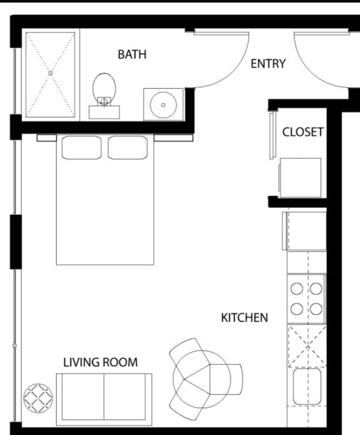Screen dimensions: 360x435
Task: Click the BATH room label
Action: (132, 54)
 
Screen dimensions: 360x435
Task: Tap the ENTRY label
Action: (268, 64)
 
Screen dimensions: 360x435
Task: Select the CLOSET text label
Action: (303, 132)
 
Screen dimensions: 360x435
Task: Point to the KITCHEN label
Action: (245, 318)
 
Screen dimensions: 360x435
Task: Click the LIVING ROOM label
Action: (100, 362)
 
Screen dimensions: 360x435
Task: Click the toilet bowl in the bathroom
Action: (104, 86)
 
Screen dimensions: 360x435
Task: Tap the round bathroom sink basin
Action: (163, 105)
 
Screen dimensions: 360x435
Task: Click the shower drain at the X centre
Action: (50, 73)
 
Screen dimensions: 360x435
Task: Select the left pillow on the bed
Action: (82, 147)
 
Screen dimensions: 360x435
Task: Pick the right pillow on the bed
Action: (128, 147)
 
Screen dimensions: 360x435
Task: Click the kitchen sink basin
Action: (307, 387)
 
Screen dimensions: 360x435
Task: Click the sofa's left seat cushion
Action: (83, 397)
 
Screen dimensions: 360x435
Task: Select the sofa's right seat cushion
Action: (125, 397)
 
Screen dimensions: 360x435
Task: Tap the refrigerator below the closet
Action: (305, 231)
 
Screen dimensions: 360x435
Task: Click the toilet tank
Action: (104, 112)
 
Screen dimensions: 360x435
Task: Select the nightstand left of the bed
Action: (47, 138)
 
